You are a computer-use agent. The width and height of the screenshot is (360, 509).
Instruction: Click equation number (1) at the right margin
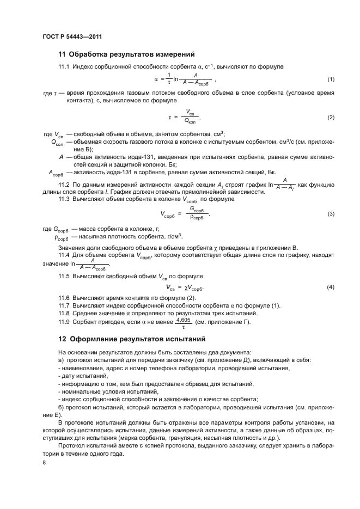(331, 80)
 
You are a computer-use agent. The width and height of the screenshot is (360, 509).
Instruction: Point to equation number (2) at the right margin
(331, 118)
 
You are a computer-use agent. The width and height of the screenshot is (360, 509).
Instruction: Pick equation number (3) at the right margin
(331, 213)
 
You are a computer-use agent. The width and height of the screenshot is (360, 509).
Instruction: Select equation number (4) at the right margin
(331, 287)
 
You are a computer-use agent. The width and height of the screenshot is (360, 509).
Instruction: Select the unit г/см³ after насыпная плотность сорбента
(174, 237)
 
